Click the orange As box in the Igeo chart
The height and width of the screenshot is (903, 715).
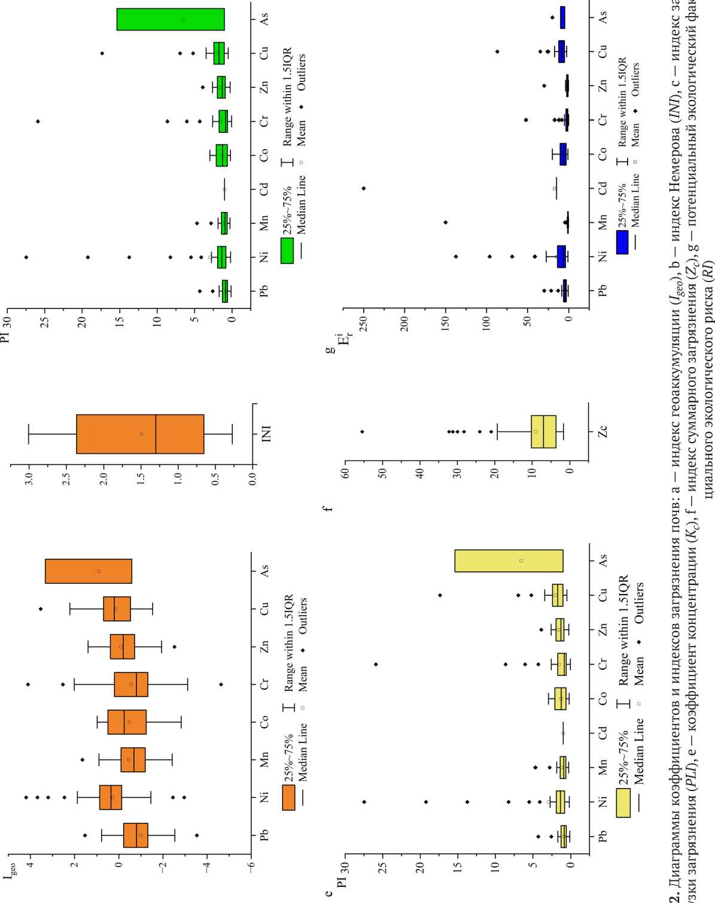(89, 571)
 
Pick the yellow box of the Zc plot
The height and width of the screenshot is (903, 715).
(544, 414)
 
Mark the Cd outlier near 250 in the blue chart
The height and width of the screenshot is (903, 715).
(363, 189)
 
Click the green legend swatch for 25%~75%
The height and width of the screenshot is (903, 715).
(288, 251)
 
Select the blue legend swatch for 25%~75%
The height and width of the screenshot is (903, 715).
(623, 243)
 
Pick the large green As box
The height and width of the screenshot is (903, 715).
(171, 19)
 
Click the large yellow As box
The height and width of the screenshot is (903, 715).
(509, 560)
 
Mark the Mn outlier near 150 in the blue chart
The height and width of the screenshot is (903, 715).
(445, 223)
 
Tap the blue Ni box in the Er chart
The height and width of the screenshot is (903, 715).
(561, 256)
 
